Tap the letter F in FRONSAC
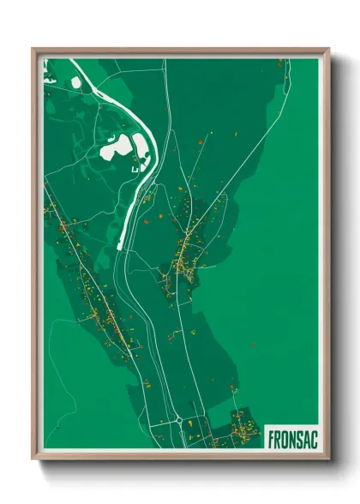click(271, 437)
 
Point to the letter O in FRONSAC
click(284, 437)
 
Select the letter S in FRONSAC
click(297, 437)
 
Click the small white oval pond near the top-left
click(75, 81)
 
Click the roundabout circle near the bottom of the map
click(178, 419)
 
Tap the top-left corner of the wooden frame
click(34, 50)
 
